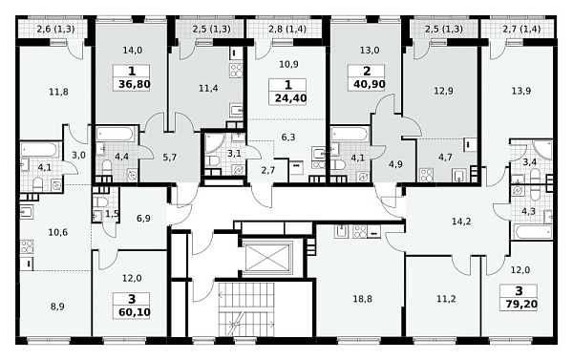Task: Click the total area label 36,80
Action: (134, 85)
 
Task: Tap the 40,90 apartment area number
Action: (369, 84)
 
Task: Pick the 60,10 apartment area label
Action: (134, 313)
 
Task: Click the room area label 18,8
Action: (362, 299)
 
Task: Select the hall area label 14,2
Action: (461, 222)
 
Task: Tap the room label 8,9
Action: (57, 307)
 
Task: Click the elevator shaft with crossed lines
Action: (267, 257)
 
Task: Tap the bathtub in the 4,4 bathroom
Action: (115, 134)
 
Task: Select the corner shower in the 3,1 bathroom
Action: (213, 143)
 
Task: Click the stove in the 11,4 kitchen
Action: (236, 70)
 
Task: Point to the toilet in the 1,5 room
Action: (99, 201)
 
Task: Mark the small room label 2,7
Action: (267, 170)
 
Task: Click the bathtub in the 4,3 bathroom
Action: (533, 232)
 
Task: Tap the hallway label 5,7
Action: (170, 158)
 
